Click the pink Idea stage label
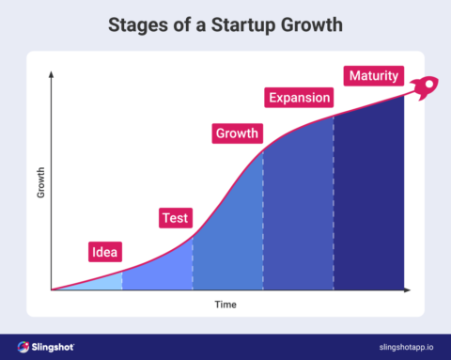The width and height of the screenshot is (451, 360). click(x=104, y=251)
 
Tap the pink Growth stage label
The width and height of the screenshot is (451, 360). click(x=236, y=133)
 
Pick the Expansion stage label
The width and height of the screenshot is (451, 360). click(x=299, y=98)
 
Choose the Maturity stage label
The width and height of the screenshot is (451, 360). click(x=372, y=75)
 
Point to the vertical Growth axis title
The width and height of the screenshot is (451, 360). click(x=40, y=180)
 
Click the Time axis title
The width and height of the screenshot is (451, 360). click(x=225, y=305)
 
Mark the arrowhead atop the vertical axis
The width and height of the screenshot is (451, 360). click(x=52, y=74)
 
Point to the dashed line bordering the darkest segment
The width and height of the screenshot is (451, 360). click(x=334, y=207)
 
